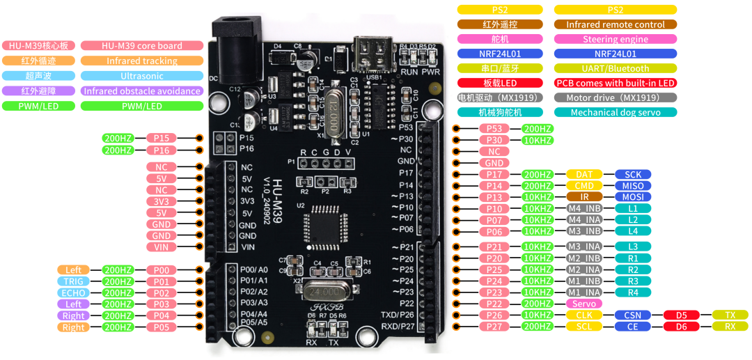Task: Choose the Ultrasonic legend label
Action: tap(141, 76)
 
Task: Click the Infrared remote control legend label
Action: tap(616, 24)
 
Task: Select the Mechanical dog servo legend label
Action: tap(616, 112)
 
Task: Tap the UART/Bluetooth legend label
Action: tap(616, 68)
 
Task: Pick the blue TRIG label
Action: tap(74, 281)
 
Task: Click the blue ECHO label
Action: tap(74, 292)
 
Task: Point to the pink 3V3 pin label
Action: tap(161, 201)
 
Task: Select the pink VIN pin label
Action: tap(161, 246)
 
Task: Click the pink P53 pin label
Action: tap(494, 129)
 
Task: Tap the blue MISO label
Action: tap(633, 186)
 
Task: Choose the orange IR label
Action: tap(584, 197)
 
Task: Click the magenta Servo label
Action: tap(584, 304)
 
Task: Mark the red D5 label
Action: tap(681, 315)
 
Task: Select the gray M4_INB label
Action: tap(584, 208)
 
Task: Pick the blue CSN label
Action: tap(633, 315)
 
